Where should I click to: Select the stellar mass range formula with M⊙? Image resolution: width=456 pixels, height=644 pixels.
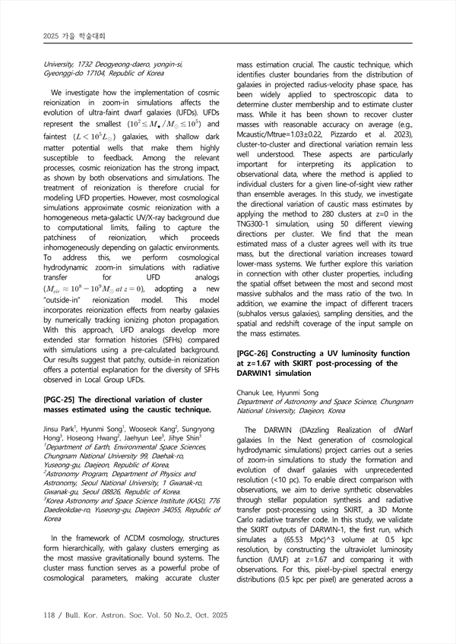click(165, 124)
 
